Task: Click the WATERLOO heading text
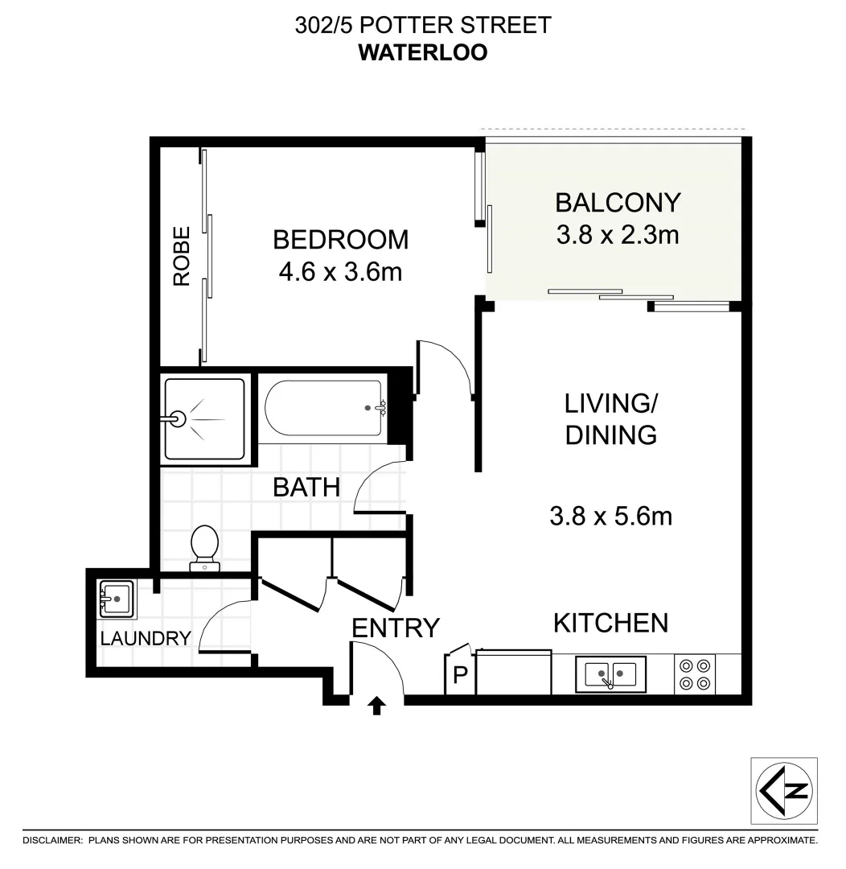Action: pyautogui.click(x=423, y=52)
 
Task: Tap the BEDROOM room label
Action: pyautogui.click(x=340, y=240)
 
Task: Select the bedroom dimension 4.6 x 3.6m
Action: pyautogui.click(x=340, y=273)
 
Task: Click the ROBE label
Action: pyautogui.click(x=182, y=256)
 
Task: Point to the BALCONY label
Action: pyautogui.click(x=618, y=201)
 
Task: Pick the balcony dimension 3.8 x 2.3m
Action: pyautogui.click(x=618, y=235)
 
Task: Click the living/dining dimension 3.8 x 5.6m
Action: pyautogui.click(x=610, y=516)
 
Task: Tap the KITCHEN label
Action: pyautogui.click(x=610, y=622)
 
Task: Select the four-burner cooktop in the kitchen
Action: pyautogui.click(x=695, y=674)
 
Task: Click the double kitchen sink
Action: pyautogui.click(x=610, y=674)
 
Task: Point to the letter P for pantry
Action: pyautogui.click(x=460, y=675)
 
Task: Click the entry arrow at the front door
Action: pyautogui.click(x=376, y=706)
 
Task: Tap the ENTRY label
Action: pyautogui.click(x=396, y=628)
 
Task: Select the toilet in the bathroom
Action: pyautogui.click(x=204, y=547)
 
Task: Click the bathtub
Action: pyautogui.click(x=323, y=409)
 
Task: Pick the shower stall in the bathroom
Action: pyautogui.click(x=204, y=419)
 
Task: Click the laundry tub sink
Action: pyautogui.click(x=116, y=599)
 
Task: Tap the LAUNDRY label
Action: pyautogui.click(x=146, y=639)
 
